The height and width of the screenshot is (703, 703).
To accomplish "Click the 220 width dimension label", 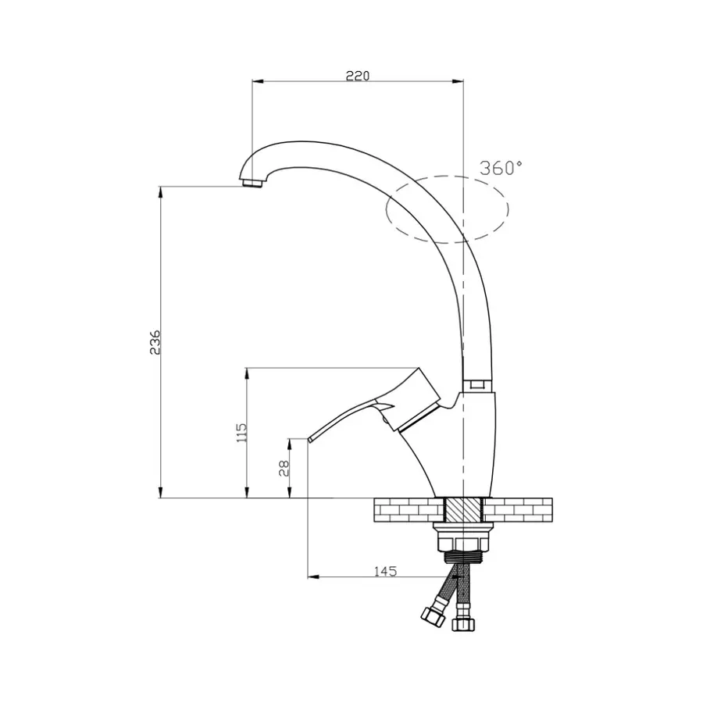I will pos(357,75).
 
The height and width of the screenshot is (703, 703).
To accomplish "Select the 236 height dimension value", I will pos(155,342).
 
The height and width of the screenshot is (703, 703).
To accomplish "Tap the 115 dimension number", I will pos(241,432).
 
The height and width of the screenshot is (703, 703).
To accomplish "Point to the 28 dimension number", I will pos(284,467).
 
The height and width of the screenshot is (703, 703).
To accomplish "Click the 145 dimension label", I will pos(385,571).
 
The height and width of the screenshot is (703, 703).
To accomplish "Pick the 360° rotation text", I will pos(501,168).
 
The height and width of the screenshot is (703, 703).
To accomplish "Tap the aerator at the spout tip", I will pos(250,184).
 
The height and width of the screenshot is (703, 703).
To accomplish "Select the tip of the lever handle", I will pos(310,440).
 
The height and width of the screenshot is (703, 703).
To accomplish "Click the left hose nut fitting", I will pos(430,614).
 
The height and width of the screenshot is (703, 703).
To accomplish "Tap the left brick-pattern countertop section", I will pos(409,511).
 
